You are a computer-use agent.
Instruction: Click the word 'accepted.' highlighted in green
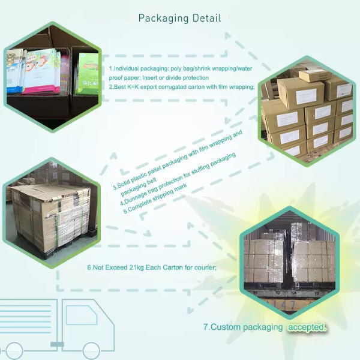tap(307, 327)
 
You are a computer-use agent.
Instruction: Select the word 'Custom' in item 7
tap(229, 327)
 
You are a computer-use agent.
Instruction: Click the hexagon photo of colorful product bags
tap(52, 72)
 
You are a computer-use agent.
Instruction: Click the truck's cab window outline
tap(81, 315)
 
